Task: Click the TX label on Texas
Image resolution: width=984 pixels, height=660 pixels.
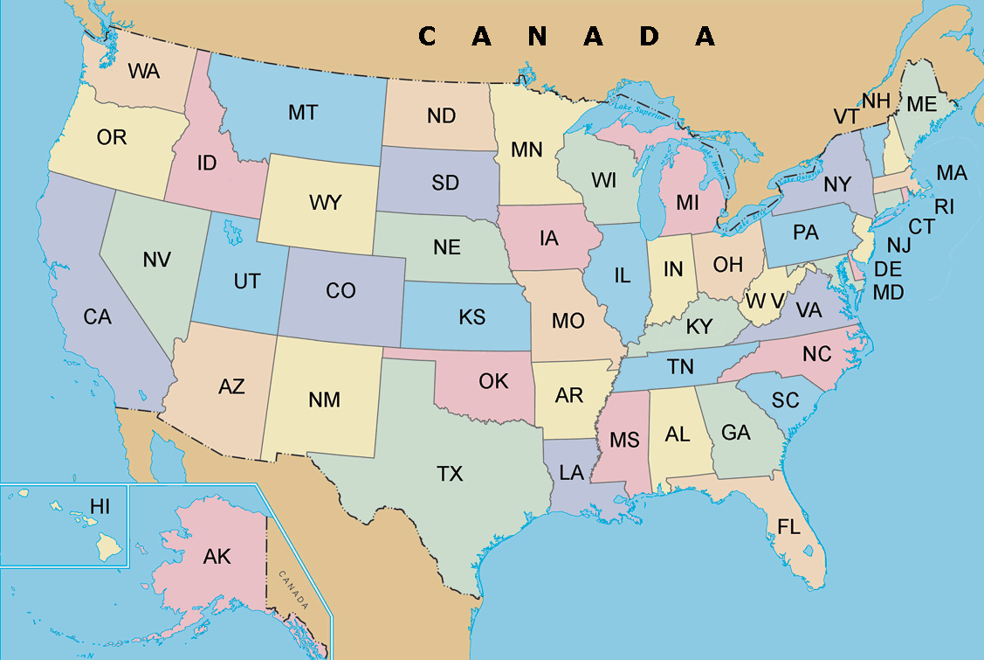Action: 450,474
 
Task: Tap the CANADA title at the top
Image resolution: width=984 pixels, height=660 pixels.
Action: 567,36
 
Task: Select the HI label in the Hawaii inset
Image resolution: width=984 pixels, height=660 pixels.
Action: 100,505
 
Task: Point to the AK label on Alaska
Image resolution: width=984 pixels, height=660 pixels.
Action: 217,556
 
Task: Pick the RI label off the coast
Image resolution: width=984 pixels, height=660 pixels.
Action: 945,206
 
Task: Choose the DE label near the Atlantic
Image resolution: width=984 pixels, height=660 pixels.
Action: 888,269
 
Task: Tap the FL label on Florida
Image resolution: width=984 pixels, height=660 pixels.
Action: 788,525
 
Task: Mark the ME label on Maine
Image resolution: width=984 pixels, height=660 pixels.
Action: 921,104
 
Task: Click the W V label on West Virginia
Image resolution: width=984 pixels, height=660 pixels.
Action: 764,301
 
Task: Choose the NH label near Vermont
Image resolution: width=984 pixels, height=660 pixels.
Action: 876,101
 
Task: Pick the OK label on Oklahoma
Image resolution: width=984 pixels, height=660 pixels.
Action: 493,381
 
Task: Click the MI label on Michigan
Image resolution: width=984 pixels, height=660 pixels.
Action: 687,203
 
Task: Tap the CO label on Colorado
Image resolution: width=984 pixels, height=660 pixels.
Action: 341,290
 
